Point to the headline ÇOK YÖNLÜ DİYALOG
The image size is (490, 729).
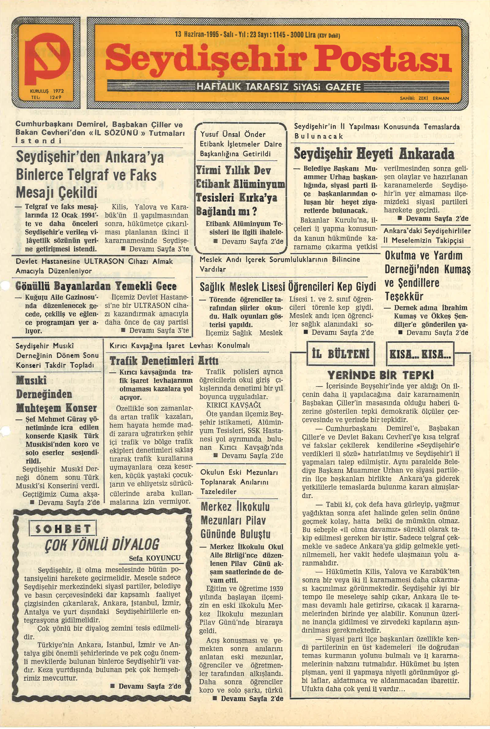[x=102, y=544]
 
